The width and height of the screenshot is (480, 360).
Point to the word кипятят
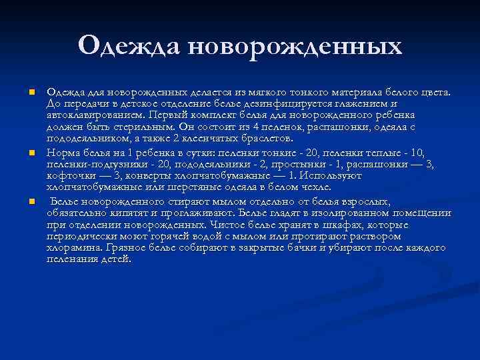125,213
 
